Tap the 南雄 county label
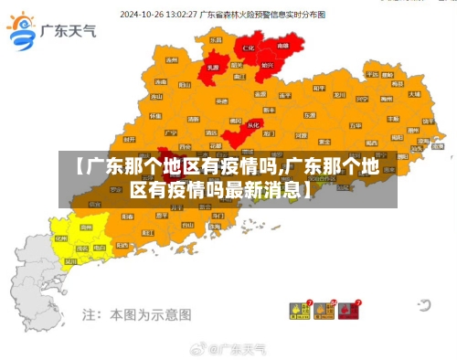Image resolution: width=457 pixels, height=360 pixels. click(x=282, y=46)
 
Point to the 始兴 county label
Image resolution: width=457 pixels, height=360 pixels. click(x=267, y=66)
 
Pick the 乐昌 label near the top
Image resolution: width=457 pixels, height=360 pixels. click(x=216, y=41)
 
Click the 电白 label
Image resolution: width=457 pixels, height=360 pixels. click(x=100, y=248)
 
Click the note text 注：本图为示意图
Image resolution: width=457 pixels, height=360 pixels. click(x=137, y=314)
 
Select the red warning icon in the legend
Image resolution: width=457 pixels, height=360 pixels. click(x=348, y=312)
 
